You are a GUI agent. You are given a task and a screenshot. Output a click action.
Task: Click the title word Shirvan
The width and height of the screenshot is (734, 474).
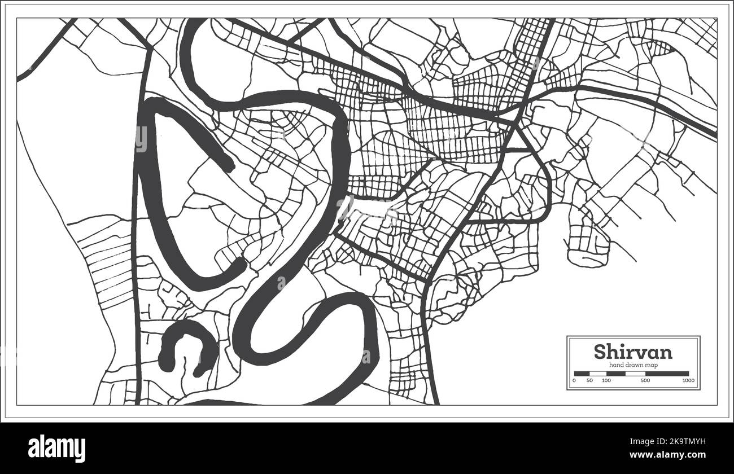(633, 352)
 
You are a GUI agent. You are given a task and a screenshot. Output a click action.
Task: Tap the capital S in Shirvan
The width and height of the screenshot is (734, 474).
(600, 352)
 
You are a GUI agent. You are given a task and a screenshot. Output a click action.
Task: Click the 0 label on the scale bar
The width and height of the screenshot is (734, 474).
(574, 381)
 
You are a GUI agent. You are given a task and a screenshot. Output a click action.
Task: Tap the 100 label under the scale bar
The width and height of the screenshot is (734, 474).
(606, 381)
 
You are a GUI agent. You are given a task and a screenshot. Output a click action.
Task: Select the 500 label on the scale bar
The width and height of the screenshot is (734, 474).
(645, 381)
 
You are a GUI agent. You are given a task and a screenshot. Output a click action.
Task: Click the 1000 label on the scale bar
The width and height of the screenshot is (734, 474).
(688, 381)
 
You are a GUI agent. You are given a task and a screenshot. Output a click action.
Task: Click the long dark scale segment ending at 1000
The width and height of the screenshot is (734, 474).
(667, 374)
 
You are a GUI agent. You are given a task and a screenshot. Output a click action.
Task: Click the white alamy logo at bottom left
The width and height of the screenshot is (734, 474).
(56, 449)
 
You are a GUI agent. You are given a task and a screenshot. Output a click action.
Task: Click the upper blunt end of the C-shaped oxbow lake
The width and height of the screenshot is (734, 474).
(228, 166)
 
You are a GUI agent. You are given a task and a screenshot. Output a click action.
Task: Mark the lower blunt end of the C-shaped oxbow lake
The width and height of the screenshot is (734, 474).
(239, 264)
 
